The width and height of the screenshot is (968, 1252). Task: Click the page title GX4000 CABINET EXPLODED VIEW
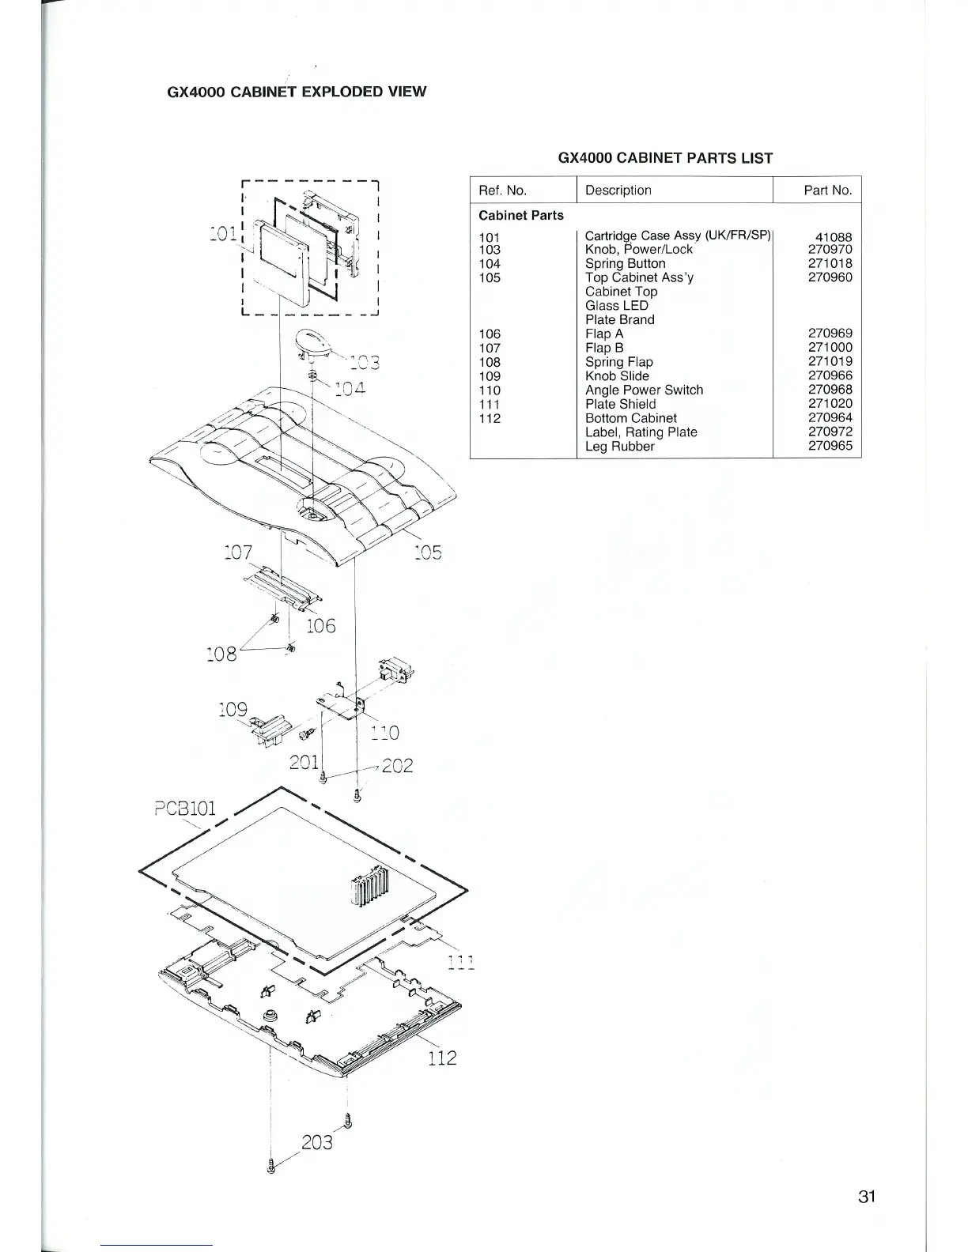tap(297, 92)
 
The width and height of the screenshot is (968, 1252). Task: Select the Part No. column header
tap(826, 190)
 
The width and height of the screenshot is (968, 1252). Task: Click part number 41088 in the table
tap(834, 236)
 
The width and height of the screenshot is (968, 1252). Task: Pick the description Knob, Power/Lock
tap(638, 250)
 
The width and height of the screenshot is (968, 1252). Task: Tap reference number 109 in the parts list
tap(490, 376)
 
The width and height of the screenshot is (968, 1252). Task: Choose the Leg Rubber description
tap(619, 447)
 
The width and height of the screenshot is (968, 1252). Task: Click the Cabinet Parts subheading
tap(521, 216)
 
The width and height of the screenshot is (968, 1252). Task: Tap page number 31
tap(866, 1197)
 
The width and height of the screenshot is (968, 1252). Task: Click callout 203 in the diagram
tap(316, 1142)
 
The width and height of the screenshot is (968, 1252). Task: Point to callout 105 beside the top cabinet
tap(427, 552)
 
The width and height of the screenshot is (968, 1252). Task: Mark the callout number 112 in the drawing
tap(441, 1058)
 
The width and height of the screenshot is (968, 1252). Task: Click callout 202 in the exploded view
tap(397, 766)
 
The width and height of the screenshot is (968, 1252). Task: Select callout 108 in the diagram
tap(221, 653)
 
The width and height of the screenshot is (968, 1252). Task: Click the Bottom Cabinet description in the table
tap(630, 418)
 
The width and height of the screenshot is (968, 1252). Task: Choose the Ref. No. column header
tap(503, 190)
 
